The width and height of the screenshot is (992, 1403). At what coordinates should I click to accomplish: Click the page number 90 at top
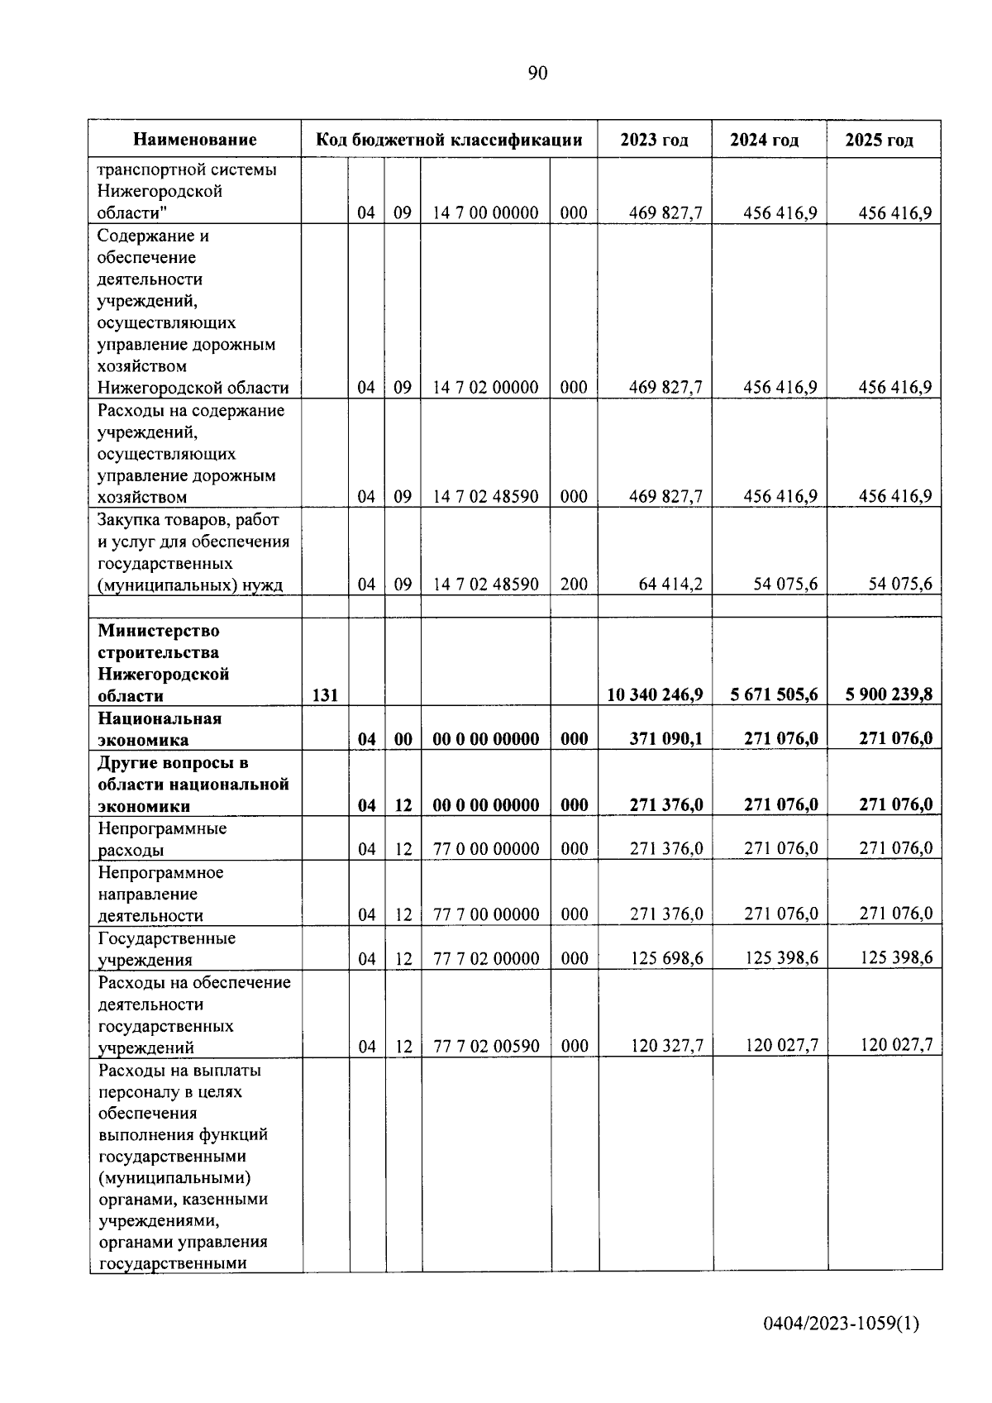[537, 74]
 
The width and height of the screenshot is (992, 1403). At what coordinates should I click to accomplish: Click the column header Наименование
[195, 140]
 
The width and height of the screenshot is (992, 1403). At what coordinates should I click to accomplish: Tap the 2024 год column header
[764, 140]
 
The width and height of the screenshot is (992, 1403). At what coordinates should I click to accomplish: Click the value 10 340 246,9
[655, 694]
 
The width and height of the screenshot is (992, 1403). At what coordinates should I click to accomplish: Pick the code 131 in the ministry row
[325, 695]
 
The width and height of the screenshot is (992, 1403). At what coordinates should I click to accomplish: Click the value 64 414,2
[670, 585]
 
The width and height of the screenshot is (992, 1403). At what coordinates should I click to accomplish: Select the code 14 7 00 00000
[485, 213]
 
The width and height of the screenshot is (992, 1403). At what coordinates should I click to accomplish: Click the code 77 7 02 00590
[486, 1047]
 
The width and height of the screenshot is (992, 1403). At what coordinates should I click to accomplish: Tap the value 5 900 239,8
[889, 694]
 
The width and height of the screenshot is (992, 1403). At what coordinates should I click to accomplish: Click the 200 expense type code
[574, 585]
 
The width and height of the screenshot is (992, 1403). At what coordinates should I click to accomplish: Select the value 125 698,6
[666, 958]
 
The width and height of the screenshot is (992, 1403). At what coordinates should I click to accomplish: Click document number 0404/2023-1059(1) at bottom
[841, 1324]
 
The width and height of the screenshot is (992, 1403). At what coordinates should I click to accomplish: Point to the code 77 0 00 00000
[486, 849]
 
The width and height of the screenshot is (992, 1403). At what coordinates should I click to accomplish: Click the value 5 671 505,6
[774, 694]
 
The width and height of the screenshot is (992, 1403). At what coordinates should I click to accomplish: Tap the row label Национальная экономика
[159, 729]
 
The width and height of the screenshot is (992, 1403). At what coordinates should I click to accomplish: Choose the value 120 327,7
[666, 1047]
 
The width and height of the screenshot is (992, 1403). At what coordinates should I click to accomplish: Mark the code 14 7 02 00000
[485, 388]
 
